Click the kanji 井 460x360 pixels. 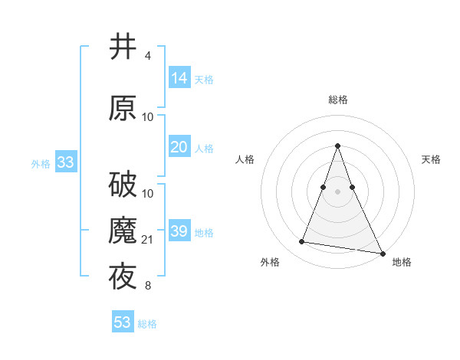tap(123, 47)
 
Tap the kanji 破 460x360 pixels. tap(123, 184)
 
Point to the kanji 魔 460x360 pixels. tap(123, 231)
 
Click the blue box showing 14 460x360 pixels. tap(179, 78)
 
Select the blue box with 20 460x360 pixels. tap(179, 147)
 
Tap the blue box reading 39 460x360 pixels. tap(179, 231)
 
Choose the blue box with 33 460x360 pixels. tap(65, 162)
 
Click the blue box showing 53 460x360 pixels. tap(123, 322)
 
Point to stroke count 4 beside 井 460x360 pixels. tap(148, 56)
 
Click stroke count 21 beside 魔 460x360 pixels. tap(149, 241)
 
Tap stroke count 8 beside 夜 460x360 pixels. tap(148, 286)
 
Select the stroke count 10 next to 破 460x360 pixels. tap(149, 193)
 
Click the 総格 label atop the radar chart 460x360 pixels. tap(338, 100)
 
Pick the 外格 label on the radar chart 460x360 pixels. tap(270, 262)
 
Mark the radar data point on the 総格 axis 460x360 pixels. tap(337, 146)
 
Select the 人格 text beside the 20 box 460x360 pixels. tap(204, 148)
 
